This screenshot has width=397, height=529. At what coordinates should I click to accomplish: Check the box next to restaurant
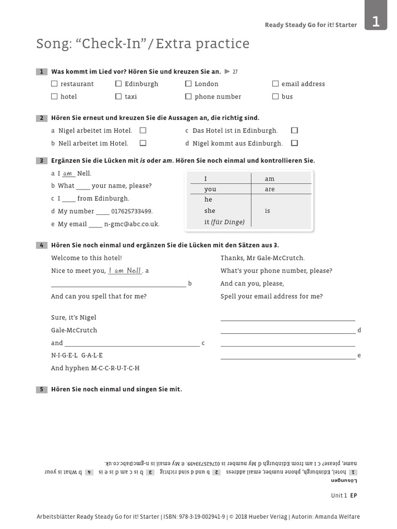point(54,84)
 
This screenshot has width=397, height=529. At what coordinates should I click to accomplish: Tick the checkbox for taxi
point(118,97)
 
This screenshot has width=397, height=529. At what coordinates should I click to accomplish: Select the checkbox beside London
point(188,84)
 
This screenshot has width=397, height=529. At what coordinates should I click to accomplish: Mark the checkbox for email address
point(276,84)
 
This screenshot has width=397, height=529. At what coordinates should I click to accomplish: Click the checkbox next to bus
point(276,97)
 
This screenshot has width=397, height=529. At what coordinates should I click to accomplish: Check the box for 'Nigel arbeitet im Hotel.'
point(143,131)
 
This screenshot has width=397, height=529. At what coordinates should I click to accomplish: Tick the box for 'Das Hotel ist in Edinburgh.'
point(295,131)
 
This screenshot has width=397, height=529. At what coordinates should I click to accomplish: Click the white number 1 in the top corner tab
point(376,22)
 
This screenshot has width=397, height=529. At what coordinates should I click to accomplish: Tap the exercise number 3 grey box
point(41,161)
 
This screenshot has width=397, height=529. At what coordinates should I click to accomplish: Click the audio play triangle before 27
point(227,71)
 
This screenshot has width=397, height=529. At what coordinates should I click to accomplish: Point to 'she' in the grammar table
point(209,211)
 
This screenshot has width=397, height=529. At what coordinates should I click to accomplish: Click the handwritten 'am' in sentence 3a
point(68,174)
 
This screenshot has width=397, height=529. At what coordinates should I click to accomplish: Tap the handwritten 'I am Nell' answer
point(125,270)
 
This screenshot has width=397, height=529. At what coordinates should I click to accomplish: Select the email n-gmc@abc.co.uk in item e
point(132,224)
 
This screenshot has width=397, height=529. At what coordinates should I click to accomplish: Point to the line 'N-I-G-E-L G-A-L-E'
point(77,355)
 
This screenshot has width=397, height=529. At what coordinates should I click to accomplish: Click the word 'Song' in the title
point(53,44)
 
